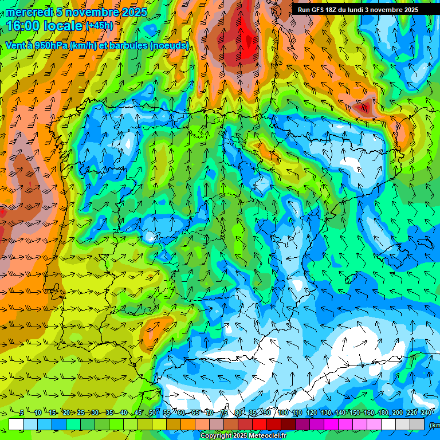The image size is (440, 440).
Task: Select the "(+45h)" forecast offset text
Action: [99, 26]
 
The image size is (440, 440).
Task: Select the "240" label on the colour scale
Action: [426, 412]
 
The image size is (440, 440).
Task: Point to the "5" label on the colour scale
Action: [22, 412]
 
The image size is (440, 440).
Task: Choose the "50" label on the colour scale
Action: [152, 412]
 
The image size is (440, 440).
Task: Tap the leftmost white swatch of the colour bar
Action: [16, 425]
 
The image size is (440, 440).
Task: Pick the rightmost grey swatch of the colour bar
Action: [418, 425]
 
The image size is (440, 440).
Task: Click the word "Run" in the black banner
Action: [304, 10]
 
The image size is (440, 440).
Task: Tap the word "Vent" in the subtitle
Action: [16, 46]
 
